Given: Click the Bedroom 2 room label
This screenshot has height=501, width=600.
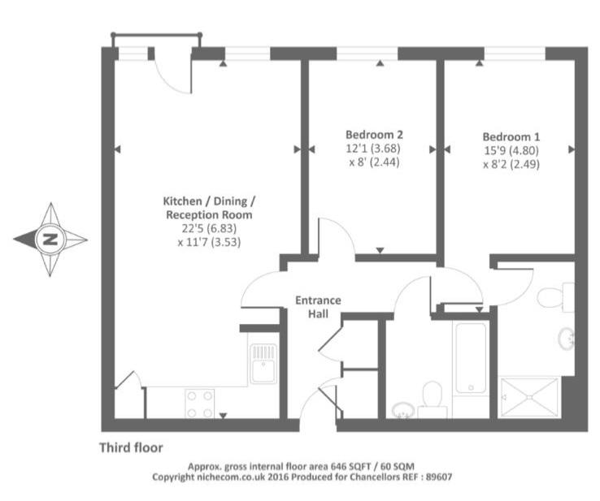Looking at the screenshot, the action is point(374,135).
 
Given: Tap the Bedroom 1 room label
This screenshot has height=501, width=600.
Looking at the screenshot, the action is point(511,136).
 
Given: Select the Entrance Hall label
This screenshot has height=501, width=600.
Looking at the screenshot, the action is point(318,307).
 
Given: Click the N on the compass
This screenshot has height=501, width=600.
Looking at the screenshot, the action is point(50,240).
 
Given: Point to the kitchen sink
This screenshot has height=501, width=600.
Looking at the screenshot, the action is point(263,364).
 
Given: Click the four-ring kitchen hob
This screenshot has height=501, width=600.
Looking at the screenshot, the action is point(199,404).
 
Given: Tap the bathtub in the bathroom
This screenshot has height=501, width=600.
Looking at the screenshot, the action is point(471,358).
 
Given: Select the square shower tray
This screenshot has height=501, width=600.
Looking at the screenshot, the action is point(529,397).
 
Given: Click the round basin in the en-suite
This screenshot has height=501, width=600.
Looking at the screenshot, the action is point(567,339).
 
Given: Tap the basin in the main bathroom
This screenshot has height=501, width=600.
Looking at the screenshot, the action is point(403,410).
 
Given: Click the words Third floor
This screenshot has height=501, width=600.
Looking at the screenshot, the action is point(131,447).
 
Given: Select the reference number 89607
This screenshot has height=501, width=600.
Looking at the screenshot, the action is point(439,477).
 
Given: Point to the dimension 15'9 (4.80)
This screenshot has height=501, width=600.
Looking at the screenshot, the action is point(511,150).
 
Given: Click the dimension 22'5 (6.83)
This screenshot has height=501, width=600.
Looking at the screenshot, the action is point(209,228).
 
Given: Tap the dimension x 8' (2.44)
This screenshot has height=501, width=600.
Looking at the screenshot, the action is point(374,162).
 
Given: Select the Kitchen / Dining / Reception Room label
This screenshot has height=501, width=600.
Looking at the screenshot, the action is point(209,208).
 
